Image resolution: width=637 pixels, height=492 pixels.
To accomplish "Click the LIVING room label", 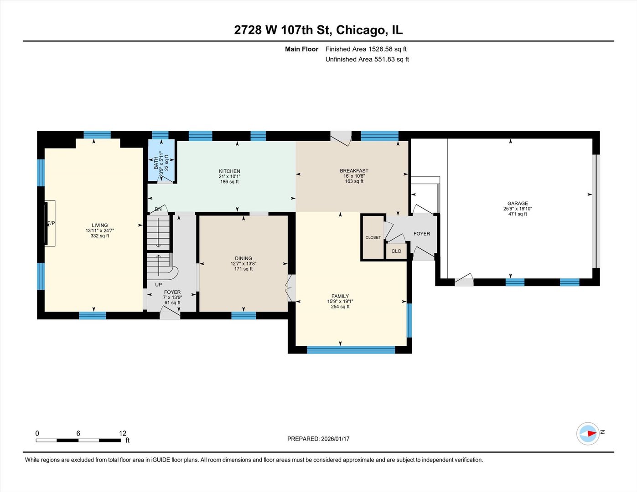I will click(x=100, y=225).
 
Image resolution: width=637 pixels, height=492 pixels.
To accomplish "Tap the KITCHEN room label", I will click(x=229, y=171).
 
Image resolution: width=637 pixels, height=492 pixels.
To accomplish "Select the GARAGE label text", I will click(x=518, y=204).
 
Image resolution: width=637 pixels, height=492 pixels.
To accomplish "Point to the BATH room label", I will click(x=156, y=163).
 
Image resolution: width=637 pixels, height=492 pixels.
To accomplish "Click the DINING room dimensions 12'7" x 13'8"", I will click(x=243, y=264).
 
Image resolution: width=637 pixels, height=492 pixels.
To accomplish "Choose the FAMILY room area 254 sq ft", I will click(x=340, y=307).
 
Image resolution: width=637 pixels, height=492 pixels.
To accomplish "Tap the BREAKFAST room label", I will click(x=354, y=171).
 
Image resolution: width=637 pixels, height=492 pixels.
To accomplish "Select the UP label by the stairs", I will click(x=158, y=285).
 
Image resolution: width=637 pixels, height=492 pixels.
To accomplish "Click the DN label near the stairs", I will click(x=158, y=209).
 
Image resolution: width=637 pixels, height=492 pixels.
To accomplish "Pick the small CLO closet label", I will click(x=396, y=251).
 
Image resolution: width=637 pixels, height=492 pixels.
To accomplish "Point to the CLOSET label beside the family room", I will click(x=373, y=237).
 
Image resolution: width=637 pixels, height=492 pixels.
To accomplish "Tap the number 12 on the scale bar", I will click(x=122, y=433).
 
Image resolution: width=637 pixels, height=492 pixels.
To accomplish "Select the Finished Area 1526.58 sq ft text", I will click(x=366, y=49).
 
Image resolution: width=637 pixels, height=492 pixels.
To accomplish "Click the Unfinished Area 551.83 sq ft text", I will click(x=367, y=59).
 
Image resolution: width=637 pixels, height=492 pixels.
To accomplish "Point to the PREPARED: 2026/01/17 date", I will click(x=318, y=439).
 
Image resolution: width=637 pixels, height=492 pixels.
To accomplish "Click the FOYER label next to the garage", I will click(x=421, y=234).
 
